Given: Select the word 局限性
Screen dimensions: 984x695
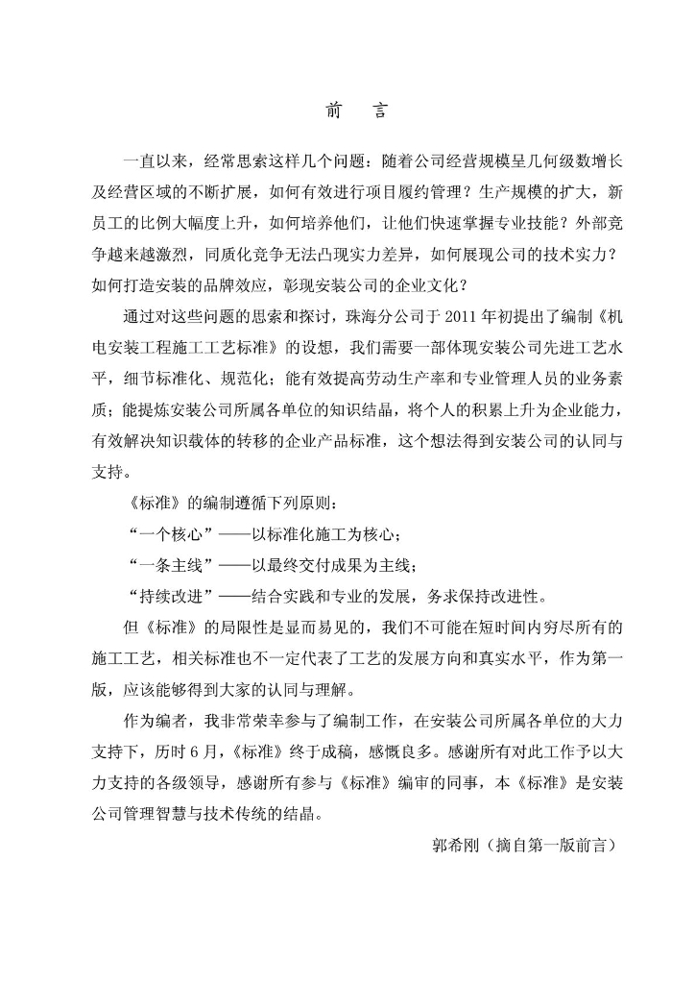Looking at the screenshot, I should (x=242, y=628).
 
